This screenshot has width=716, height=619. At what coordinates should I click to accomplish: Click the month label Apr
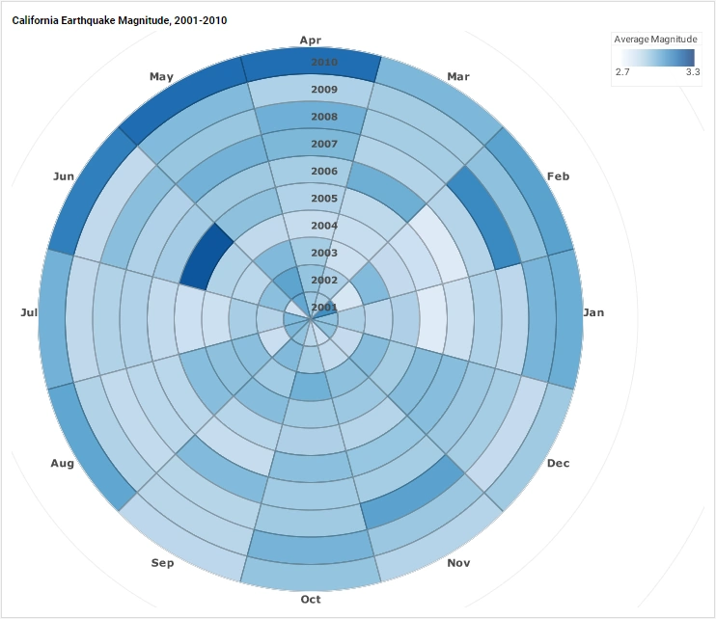click(x=311, y=40)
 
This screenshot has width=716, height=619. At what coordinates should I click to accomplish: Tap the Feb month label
click(x=558, y=177)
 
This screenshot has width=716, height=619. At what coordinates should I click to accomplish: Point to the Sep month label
click(x=163, y=562)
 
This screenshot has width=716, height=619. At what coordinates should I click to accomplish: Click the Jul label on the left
click(x=30, y=312)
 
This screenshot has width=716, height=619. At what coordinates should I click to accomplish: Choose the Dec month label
click(x=558, y=464)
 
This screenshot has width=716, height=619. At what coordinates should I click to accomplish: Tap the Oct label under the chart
click(x=311, y=599)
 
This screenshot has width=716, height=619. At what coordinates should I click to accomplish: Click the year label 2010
click(x=311, y=63)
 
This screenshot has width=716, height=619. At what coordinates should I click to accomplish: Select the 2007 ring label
click(x=311, y=144)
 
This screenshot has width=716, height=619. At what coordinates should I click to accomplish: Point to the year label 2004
click(x=311, y=226)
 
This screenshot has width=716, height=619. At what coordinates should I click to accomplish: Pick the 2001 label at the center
click(x=311, y=308)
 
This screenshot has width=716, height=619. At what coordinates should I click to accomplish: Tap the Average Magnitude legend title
click(x=655, y=39)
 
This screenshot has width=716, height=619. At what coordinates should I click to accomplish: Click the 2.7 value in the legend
click(x=623, y=71)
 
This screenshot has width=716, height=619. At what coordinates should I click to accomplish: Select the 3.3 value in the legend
click(x=692, y=71)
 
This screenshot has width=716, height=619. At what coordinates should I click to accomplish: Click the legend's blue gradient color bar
click(x=656, y=56)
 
